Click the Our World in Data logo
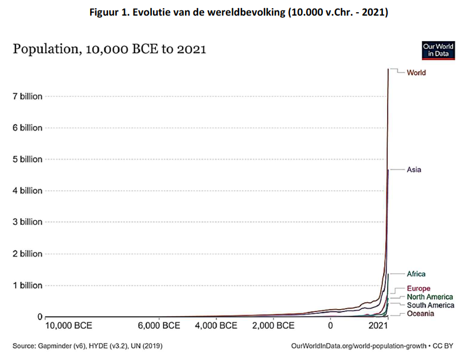(x=437, y=50)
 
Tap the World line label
(x=416, y=73)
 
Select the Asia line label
(x=414, y=170)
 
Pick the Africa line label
(x=416, y=274)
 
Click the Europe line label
(x=418, y=288)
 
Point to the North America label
(x=430, y=297)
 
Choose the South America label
(x=430, y=305)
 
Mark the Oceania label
(x=420, y=314)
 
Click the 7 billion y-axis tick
(x=28, y=97)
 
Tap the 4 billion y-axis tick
(x=28, y=191)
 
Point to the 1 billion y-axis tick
(x=28, y=285)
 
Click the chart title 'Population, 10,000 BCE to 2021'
(x=109, y=50)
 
